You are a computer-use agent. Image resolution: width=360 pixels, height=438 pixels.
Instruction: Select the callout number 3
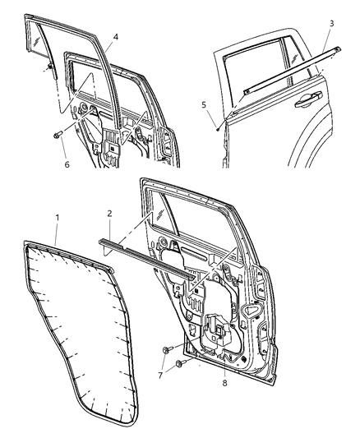coord(331,23)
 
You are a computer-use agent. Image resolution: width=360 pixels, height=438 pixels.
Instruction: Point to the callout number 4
coord(115,36)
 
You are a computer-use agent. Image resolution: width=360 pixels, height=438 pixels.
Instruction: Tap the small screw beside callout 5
coord(216,127)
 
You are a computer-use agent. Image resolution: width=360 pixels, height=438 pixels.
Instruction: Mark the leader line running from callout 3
coord(329,37)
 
